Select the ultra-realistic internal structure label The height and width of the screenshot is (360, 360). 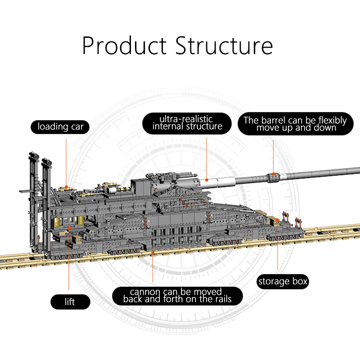tap(187, 123)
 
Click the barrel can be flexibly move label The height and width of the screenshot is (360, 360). tap(295, 124)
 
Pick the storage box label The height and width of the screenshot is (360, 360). tap(283, 282)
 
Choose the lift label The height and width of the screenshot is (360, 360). tap(70, 301)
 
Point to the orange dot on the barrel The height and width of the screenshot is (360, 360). tap(273, 177)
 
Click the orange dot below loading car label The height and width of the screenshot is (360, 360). tap(66, 185)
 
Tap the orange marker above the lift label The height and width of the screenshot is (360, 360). tap(69, 229)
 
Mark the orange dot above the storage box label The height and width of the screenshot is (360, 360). tap(278, 220)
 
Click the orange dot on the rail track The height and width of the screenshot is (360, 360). tap(153, 253)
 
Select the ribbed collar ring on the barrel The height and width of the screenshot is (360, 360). tap(272, 177)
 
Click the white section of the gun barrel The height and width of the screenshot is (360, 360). tap(220, 182)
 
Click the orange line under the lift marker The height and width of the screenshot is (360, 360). tap(69, 261)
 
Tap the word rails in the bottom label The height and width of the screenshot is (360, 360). tap(220, 300)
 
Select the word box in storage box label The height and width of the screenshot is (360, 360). tap(298, 282)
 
